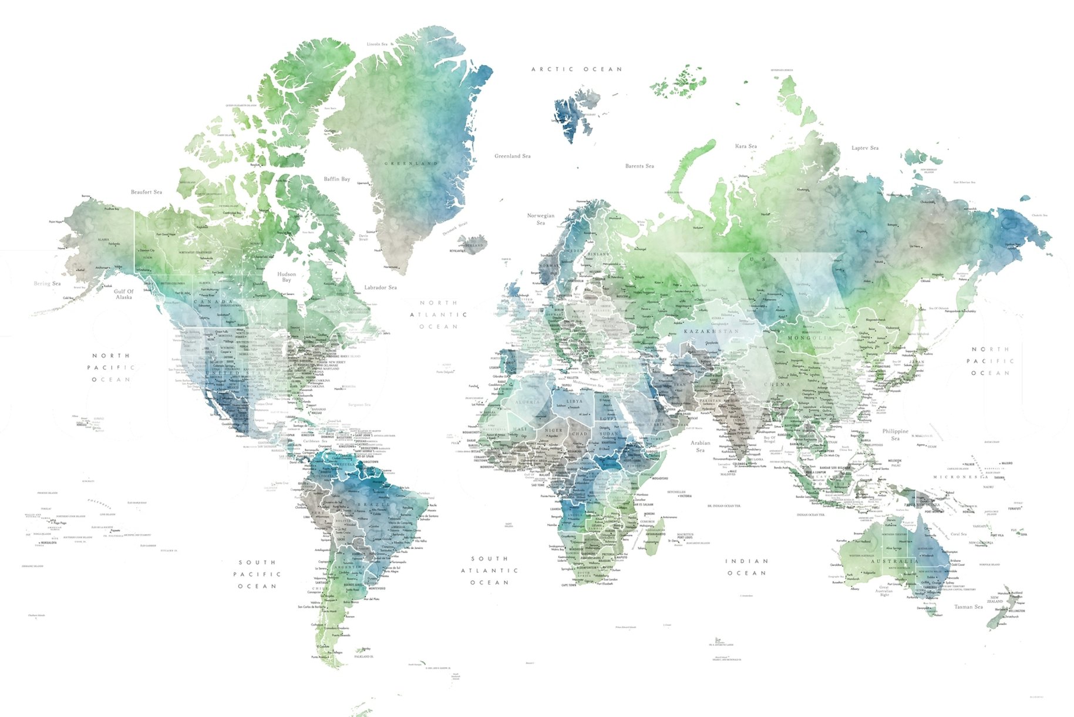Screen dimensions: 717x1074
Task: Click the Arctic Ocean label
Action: point(576,69)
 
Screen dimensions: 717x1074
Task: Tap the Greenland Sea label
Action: point(512,156)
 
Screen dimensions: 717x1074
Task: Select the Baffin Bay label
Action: point(336,179)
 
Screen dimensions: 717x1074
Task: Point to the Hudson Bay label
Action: point(287,277)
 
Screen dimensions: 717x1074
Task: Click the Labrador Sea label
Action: point(380,287)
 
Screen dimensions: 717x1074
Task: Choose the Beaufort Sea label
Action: point(146,192)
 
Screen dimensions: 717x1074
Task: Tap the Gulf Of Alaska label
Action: point(124,294)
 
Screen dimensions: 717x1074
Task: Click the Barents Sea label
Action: point(639,166)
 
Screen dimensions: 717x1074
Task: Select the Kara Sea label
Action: point(746,146)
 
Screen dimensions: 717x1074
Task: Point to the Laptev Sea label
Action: point(865,148)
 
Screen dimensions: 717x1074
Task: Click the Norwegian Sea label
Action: point(541,219)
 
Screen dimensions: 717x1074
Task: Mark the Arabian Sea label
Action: point(700,446)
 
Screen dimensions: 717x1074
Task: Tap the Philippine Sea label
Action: point(895,434)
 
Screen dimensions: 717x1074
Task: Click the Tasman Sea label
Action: point(968,607)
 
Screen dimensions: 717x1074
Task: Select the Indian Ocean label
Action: point(747,567)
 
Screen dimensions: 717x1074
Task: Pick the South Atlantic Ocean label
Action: point(489,570)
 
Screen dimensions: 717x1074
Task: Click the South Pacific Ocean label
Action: point(257,574)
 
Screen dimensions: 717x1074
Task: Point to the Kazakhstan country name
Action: point(711,331)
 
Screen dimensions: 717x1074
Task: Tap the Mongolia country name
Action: point(810,339)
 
